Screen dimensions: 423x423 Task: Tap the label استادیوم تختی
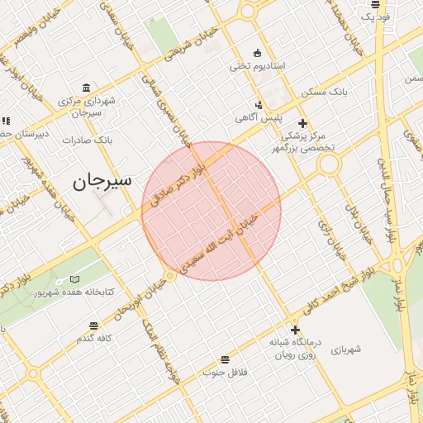pyautogui.click(x=257, y=65)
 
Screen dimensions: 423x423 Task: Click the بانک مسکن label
pyautogui.click(x=318, y=91)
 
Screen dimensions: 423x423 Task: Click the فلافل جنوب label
pyautogui.click(x=226, y=373)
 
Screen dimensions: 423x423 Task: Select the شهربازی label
pyautogui.click(x=348, y=350)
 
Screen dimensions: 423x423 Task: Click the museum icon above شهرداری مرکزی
pyautogui.click(x=87, y=88)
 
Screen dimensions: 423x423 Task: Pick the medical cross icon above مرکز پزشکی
pyautogui.click(x=302, y=122)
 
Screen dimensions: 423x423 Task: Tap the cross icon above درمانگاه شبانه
pyautogui.click(x=295, y=330)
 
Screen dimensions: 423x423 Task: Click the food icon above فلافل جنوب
pyautogui.click(x=225, y=359)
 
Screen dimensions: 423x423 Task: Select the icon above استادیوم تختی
pyautogui.click(x=257, y=53)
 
